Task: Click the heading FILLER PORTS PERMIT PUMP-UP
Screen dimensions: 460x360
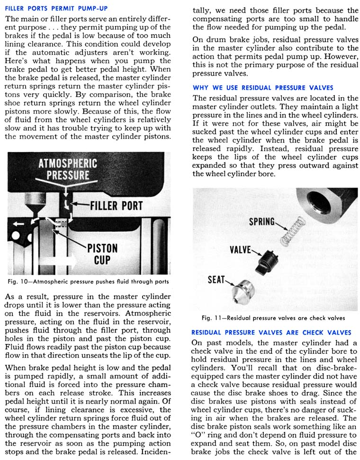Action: (54, 9)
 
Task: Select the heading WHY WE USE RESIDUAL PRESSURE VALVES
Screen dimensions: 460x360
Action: (263, 88)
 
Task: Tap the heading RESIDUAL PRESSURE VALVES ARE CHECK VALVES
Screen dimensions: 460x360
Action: (271, 333)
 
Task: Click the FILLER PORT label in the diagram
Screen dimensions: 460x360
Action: (116, 206)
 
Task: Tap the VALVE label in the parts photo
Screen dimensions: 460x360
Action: (240, 249)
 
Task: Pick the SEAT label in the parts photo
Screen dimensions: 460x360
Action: (216, 280)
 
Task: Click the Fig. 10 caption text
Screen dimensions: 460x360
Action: (89, 282)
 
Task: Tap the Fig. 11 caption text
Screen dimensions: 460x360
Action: (273, 317)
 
